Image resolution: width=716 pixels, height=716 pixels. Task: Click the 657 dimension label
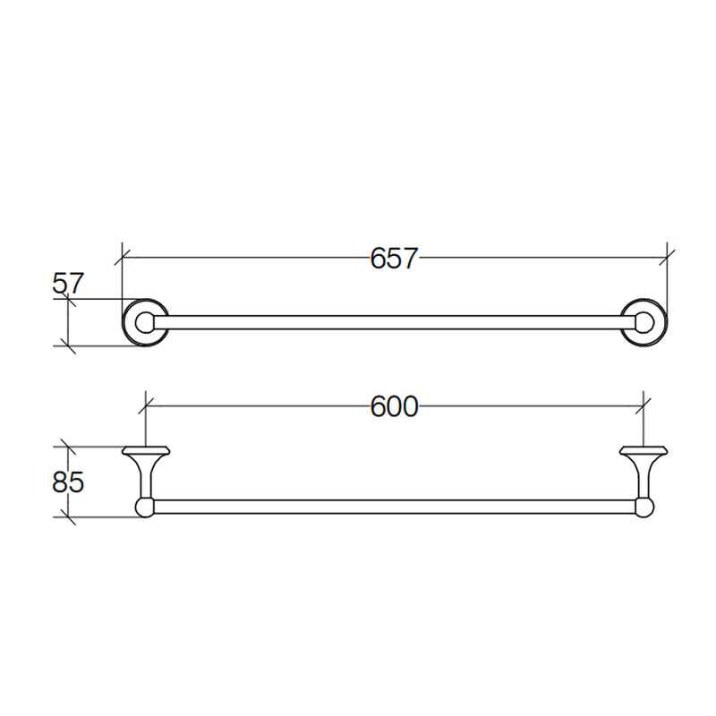point(394,258)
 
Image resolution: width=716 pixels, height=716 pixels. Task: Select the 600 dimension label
point(394,406)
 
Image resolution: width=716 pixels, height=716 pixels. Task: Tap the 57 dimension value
point(68,284)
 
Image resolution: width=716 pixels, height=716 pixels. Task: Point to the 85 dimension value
point(68,482)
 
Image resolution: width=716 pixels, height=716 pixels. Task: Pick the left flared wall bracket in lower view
point(146,472)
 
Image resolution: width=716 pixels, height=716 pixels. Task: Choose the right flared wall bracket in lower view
point(644,472)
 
